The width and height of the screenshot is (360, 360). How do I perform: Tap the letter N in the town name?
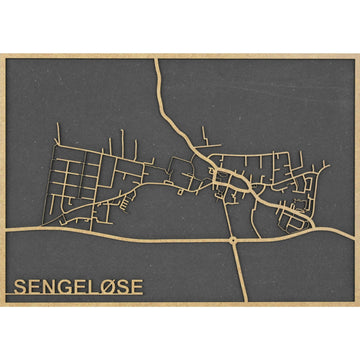point(51,288)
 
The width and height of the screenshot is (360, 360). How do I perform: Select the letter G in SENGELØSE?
point(67,288)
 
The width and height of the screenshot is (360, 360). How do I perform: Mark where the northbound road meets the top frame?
point(156,59)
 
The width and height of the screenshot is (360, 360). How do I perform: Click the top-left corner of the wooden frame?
point(2,54)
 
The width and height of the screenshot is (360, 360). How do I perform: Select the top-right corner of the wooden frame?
point(357,54)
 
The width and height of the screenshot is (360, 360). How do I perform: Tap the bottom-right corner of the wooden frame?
point(357,305)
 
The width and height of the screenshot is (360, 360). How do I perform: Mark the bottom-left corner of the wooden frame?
point(2,305)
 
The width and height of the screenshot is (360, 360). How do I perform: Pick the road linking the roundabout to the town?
point(232,215)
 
